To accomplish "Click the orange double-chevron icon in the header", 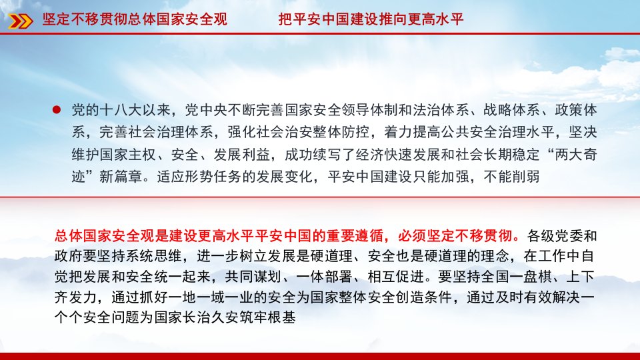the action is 21,21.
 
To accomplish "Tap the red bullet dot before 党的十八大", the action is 57,109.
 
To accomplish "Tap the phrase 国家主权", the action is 128,154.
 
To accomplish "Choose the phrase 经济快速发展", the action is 399,154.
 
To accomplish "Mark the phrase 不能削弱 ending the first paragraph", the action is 512,176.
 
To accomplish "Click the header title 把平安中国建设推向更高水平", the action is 371,19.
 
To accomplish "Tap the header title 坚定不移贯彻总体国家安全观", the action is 135,19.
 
